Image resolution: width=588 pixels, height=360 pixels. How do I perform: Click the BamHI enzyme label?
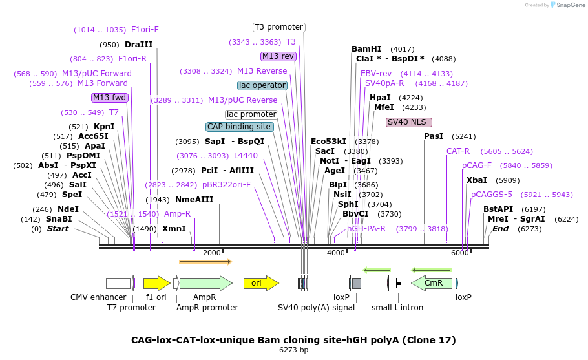point(366,49)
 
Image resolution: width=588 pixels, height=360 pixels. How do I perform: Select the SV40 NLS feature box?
point(409,122)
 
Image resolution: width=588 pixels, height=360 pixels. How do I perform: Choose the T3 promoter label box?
point(278,27)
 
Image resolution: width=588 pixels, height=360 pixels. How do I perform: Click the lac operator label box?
point(262,85)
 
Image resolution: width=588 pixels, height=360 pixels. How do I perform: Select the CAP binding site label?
point(239,127)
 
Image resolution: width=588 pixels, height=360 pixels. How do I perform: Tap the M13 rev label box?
point(278,56)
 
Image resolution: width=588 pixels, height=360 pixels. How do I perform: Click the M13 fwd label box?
point(110,98)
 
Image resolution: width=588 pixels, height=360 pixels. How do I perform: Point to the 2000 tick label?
point(212,253)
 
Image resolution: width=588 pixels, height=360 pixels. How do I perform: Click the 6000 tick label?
point(459,253)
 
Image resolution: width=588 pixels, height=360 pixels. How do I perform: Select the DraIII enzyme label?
point(139,45)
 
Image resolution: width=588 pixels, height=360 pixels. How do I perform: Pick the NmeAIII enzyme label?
point(194,200)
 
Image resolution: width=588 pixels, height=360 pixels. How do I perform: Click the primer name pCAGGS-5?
point(491,195)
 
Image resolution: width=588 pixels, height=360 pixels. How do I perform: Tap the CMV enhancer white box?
point(118,283)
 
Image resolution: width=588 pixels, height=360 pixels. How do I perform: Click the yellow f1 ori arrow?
point(156,283)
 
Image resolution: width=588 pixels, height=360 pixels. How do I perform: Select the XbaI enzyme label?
point(477,180)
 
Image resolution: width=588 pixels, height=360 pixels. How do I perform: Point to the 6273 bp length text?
point(293,350)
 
